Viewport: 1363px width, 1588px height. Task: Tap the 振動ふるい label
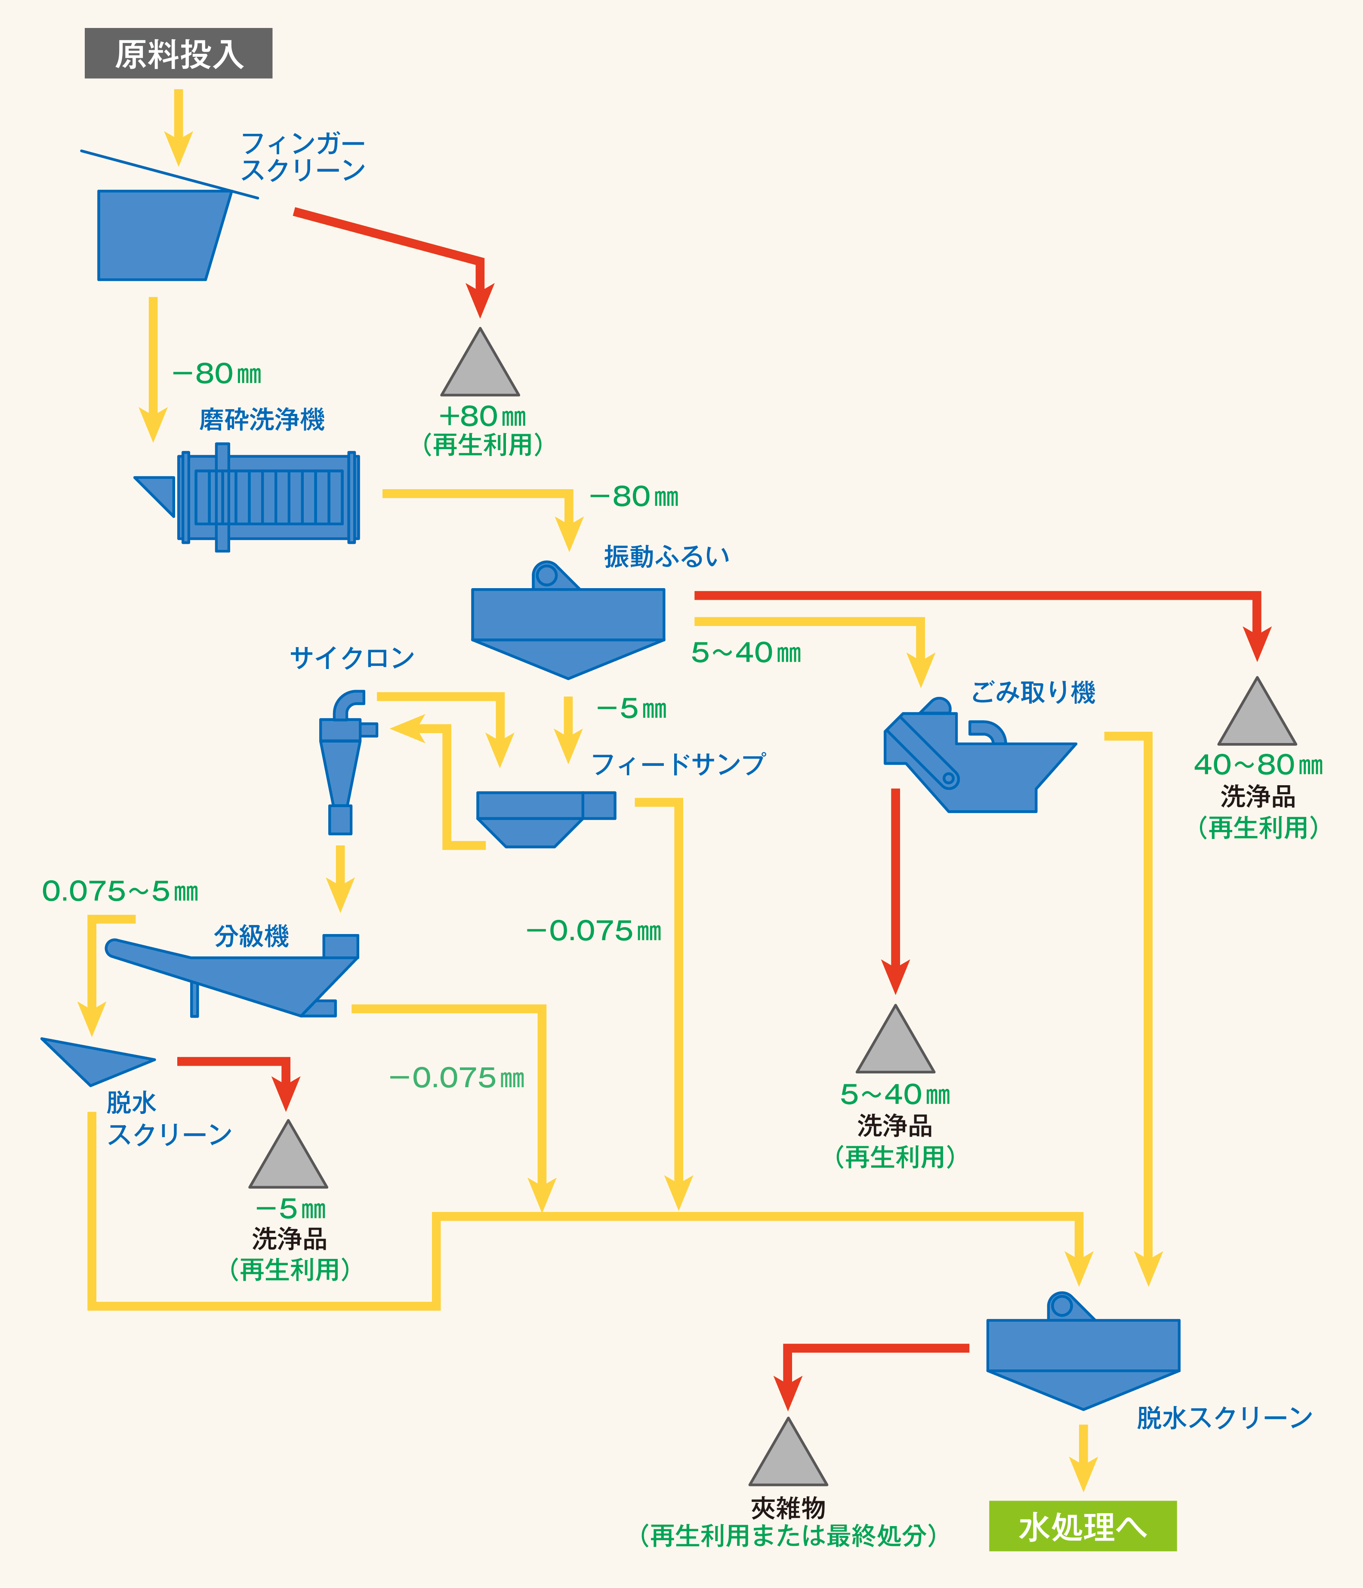(666, 556)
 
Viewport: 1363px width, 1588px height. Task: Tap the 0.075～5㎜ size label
(120, 891)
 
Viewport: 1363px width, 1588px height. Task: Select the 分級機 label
(251, 936)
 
